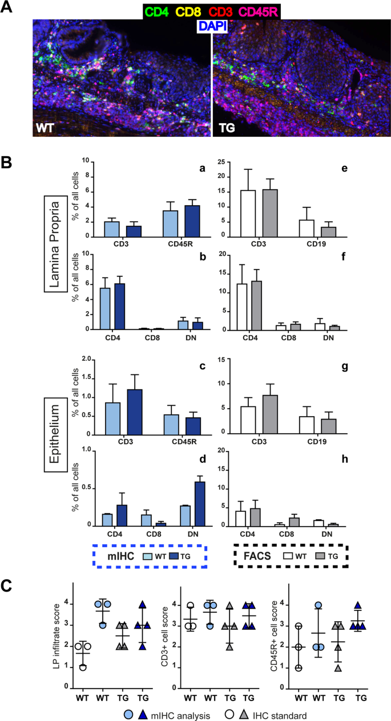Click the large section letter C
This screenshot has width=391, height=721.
[9, 587]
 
